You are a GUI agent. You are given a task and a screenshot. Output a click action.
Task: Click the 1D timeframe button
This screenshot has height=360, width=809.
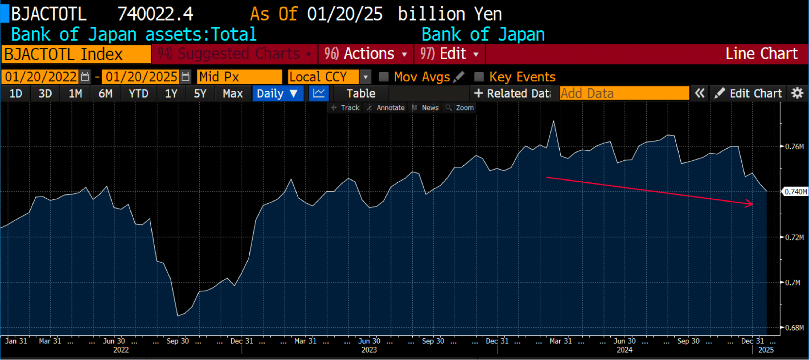point(16,94)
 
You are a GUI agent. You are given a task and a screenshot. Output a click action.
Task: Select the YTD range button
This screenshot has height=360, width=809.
point(138,94)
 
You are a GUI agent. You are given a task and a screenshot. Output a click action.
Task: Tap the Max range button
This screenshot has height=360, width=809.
point(233,94)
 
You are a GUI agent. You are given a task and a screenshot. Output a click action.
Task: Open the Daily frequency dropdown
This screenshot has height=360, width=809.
point(278,94)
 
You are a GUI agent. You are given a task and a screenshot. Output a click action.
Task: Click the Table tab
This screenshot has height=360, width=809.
point(361,94)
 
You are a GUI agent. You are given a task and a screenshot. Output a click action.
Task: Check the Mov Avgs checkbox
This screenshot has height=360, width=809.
point(384,77)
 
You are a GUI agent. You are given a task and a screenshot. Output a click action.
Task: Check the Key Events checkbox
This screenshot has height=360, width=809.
point(479,77)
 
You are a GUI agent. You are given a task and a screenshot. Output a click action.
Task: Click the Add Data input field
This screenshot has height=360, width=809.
point(624,94)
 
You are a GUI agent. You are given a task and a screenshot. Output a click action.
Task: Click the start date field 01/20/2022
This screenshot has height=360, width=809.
point(41,77)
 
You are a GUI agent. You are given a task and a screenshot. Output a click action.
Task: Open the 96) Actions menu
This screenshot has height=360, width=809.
point(365,54)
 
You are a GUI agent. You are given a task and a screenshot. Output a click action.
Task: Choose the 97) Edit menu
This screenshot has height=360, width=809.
point(449,54)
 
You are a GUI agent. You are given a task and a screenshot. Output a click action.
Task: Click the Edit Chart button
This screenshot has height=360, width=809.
point(748,94)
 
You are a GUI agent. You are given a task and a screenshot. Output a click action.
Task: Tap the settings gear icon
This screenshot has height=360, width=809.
point(797,94)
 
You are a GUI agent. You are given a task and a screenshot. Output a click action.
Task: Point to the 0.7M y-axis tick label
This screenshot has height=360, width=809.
point(792,283)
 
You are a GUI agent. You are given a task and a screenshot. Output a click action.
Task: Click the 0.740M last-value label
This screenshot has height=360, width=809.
point(795,192)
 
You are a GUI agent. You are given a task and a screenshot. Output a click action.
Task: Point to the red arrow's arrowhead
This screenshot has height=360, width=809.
point(752,204)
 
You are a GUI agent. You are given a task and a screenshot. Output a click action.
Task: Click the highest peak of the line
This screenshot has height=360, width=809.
point(554,121)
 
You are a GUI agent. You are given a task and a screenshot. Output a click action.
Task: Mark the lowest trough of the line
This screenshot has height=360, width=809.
point(178,315)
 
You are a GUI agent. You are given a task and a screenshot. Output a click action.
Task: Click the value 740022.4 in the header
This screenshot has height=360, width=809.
point(155,14)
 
